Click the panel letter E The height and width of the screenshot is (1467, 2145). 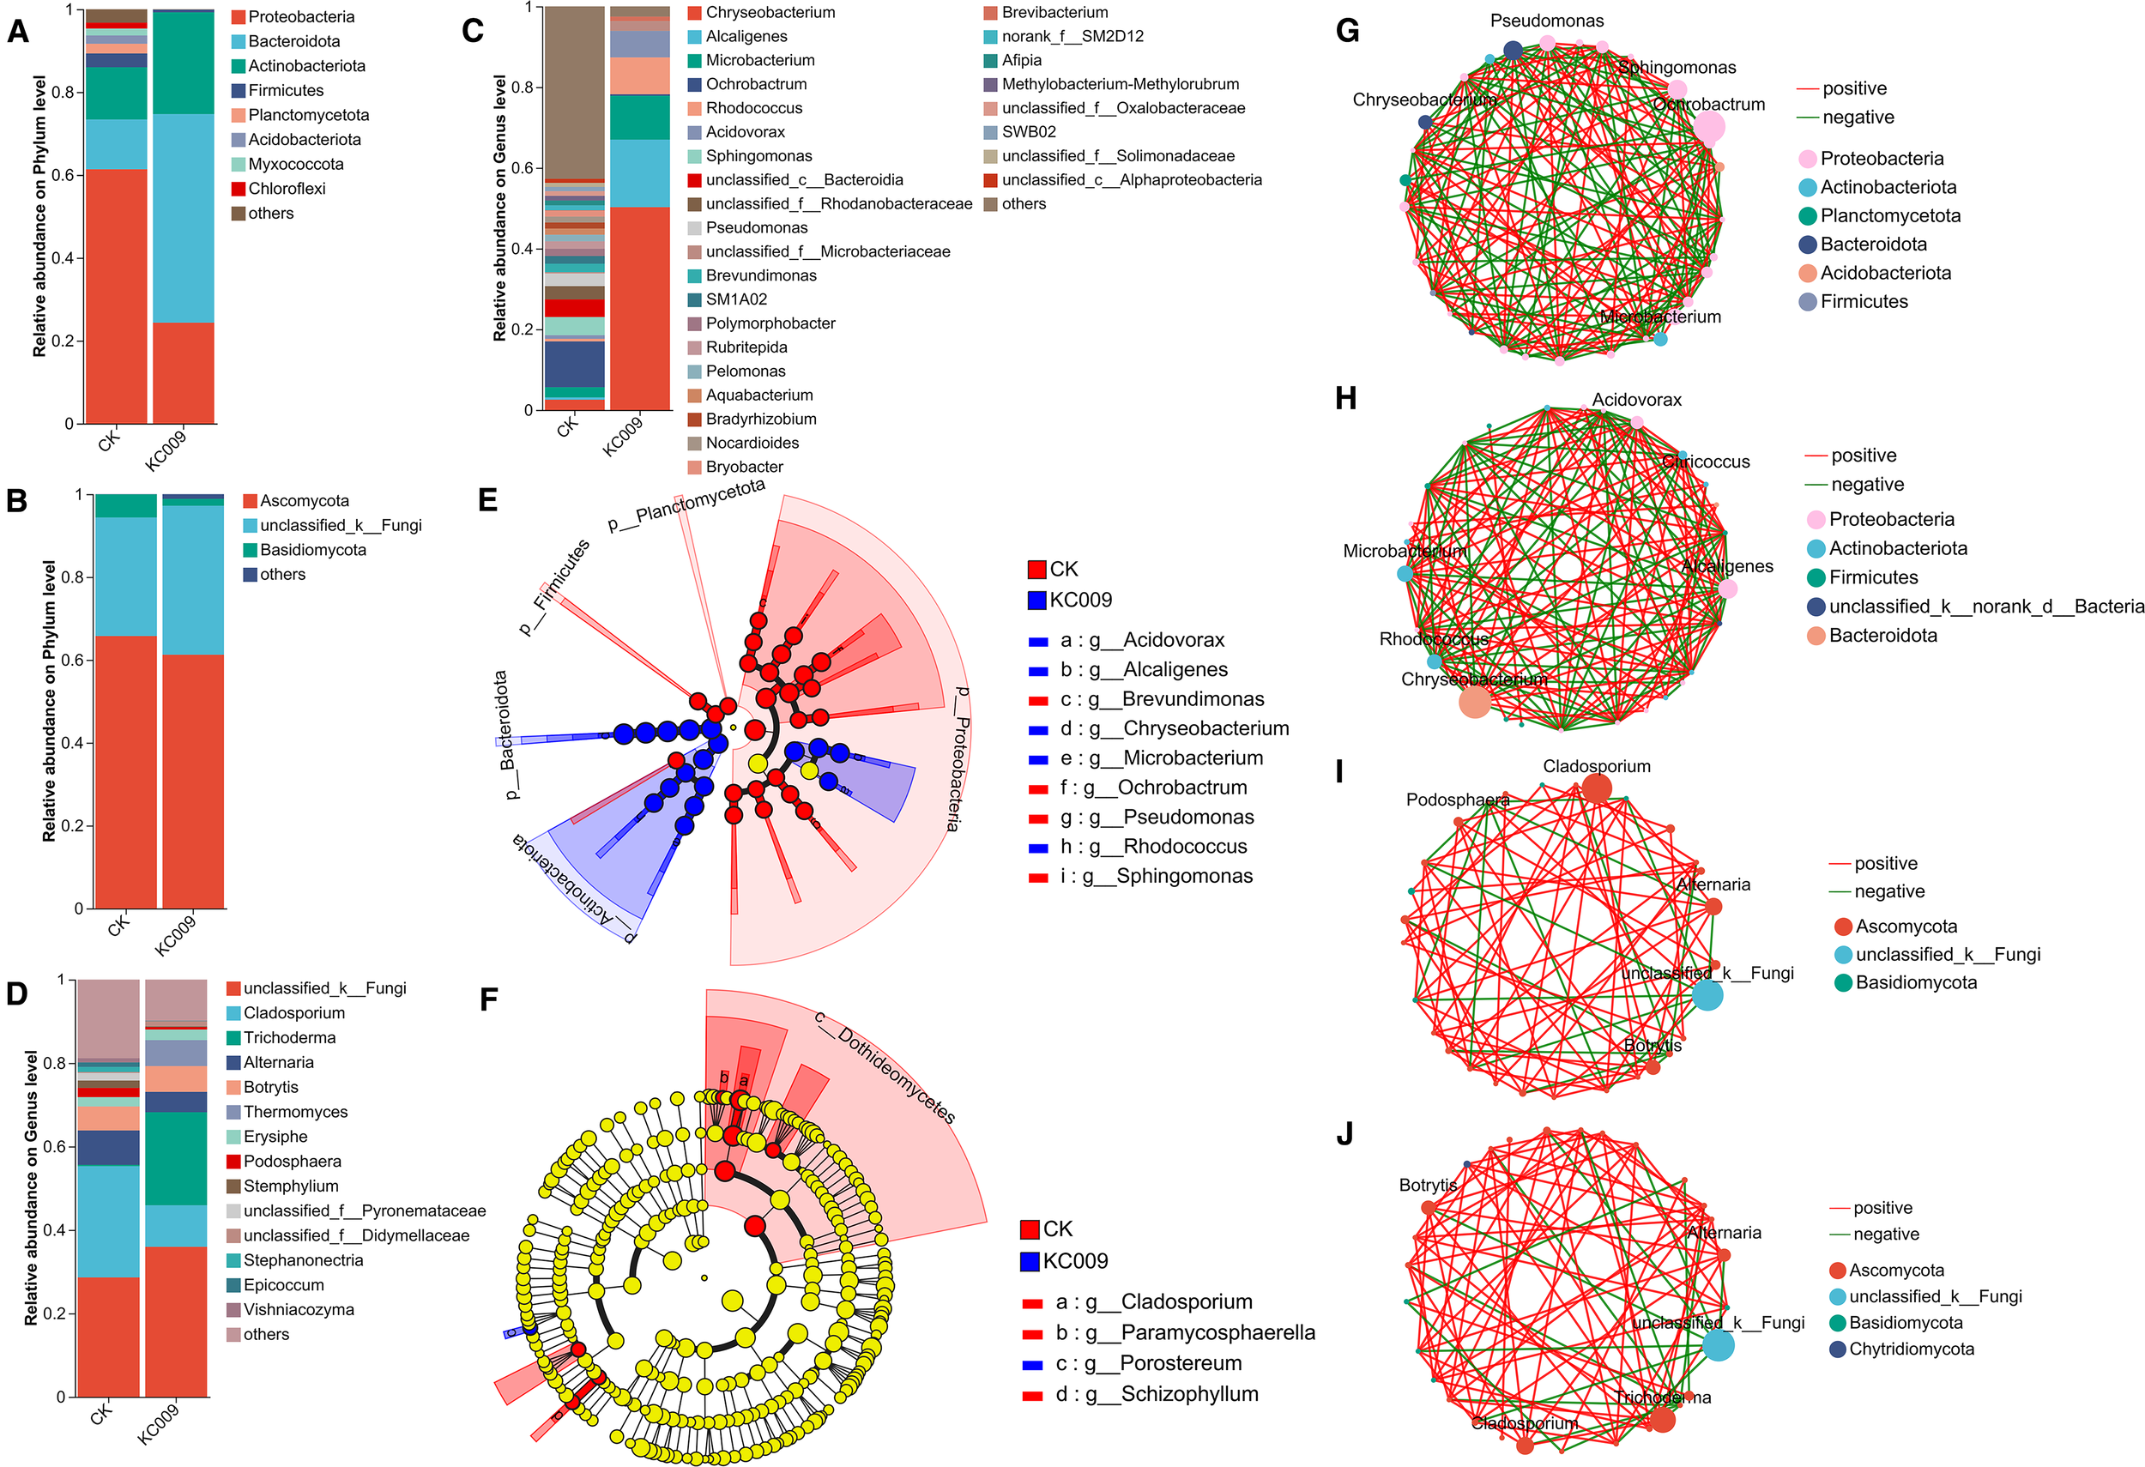tap(488, 501)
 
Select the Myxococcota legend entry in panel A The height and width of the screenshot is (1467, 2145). tap(295, 164)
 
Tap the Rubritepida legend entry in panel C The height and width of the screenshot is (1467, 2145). tap(746, 347)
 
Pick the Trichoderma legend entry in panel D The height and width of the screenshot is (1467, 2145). tap(289, 1038)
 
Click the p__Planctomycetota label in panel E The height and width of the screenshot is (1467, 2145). tap(686, 504)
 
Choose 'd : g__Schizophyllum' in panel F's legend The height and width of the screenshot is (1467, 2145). tap(1157, 1394)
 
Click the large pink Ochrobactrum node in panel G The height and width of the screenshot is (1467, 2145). tap(1709, 127)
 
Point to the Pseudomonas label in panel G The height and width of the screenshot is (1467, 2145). tap(1547, 21)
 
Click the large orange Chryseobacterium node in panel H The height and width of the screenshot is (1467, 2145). tap(1475, 702)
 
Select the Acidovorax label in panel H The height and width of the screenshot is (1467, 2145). tap(1636, 401)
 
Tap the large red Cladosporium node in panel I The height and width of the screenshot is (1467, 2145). tap(1597, 788)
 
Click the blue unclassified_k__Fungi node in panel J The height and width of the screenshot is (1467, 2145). tap(1718, 1345)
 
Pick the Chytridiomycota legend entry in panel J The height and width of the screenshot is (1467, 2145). tap(1911, 1349)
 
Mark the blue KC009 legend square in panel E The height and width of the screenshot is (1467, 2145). tap(1036, 600)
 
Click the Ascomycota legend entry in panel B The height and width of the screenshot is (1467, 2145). tap(304, 501)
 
